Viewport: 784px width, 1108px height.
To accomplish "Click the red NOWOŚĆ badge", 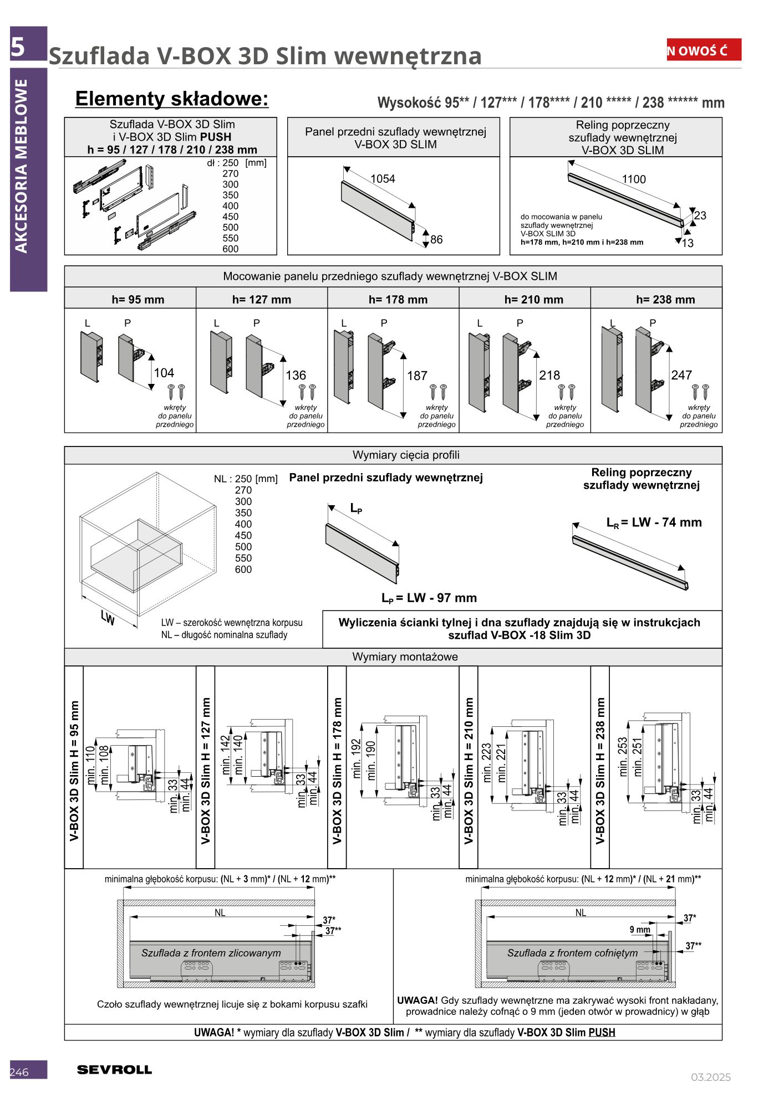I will click(x=703, y=50).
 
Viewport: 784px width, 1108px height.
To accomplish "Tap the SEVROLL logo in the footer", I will click(x=114, y=1070).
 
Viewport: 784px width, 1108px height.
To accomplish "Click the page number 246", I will click(x=19, y=1072).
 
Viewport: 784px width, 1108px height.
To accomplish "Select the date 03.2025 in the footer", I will click(x=710, y=1077).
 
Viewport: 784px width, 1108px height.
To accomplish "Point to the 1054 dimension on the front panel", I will click(x=383, y=178).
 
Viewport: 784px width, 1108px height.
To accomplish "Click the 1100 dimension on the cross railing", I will click(x=634, y=179).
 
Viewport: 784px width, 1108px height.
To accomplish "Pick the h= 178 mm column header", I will click(x=398, y=300).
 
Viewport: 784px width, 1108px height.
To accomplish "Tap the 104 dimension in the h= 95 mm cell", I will click(x=164, y=373).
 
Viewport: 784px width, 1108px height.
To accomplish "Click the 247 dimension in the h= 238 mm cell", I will click(x=681, y=375).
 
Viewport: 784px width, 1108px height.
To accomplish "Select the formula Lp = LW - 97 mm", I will click(x=429, y=598).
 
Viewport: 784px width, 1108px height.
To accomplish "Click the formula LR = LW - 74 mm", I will click(x=654, y=522).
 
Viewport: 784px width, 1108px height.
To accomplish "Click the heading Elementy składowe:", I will click(x=172, y=99).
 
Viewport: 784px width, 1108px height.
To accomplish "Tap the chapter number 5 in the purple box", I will click(x=18, y=47).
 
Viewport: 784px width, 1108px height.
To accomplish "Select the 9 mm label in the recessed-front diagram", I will click(x=639, y=930).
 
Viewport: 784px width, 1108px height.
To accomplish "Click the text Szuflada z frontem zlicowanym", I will click(x=211, y=953).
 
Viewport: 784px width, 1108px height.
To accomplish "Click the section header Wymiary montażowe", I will click(x=405, y=656).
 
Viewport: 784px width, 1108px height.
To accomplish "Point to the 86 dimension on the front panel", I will click(x=436, y=239).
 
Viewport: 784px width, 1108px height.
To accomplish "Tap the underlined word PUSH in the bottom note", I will click(x=602, y=1032).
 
